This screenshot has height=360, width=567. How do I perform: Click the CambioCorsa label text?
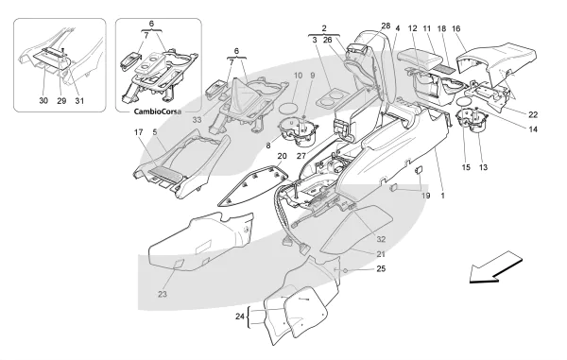click(x=158, y=111)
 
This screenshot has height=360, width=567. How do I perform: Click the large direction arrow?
click(x=496, y=267)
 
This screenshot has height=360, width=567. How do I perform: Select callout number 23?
click(x=163, y=294)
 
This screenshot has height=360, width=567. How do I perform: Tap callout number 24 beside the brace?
click(x=240, y=317)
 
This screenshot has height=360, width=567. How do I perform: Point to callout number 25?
click(x=381, y=268)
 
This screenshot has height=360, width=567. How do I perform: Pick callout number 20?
click(x=282, y=156)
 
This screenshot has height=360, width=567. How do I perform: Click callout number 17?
click(x=139, y=132)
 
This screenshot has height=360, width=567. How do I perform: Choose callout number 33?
click(x=197, y=120)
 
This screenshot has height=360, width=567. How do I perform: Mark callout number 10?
click(x=298, y=76)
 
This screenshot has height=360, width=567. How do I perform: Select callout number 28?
click(x=386, y=26)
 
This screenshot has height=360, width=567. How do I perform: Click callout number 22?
click(x=533, y=114)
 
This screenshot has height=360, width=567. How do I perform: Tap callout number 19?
click(x=426, y=196)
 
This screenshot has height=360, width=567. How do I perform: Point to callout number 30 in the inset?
click(x=43, y=100)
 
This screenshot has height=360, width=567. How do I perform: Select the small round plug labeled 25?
click(x=345, y=271)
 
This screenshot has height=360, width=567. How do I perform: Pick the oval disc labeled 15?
click(x=465, y=101)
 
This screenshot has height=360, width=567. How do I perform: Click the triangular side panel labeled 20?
click(x=254, y=184)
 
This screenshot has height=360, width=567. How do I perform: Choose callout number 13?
click(x=483, y=167)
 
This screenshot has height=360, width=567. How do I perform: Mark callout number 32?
click(x=381, y=239)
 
